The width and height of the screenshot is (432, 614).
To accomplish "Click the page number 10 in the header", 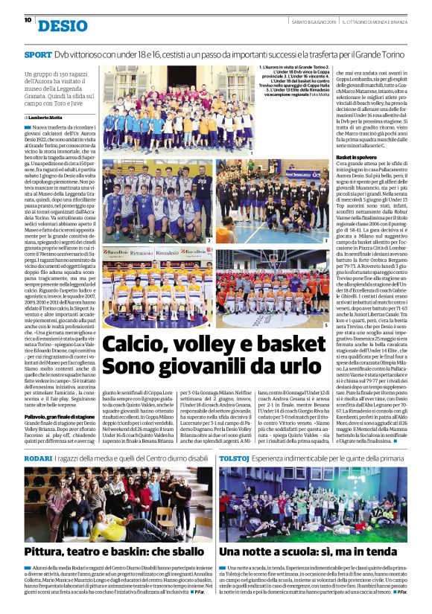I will [27, 20].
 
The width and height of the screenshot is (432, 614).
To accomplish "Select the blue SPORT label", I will [38, 55].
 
